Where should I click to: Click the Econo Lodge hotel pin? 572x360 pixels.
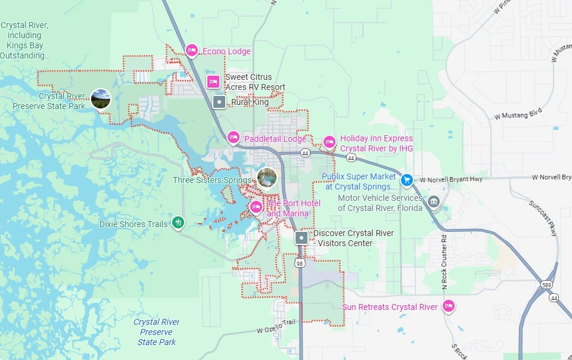coord(191,51)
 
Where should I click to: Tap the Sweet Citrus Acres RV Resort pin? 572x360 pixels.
coord(213,82)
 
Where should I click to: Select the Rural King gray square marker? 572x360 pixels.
coord(219,102)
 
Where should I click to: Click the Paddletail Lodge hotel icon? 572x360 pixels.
coord(233,138)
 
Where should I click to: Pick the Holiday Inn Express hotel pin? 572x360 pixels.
coord(329,142)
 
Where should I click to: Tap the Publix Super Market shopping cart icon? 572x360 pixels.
coord(406,179)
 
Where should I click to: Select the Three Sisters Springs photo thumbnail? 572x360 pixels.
coord(267,178)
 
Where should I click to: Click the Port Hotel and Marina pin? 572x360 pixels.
coord(256,207)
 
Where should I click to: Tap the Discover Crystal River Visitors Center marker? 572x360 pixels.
coord(302,238)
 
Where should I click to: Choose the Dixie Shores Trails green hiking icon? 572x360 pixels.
coord(178,223)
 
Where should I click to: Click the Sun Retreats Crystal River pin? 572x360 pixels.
coord(449,306)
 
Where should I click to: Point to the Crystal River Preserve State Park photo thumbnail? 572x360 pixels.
coord(101,99)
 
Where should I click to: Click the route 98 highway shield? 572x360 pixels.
coord(299,263)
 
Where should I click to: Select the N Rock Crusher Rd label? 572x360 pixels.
coord(444,262)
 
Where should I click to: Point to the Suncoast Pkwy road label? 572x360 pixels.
coord(542,217)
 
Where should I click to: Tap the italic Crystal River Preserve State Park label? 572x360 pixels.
coord(157,332)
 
